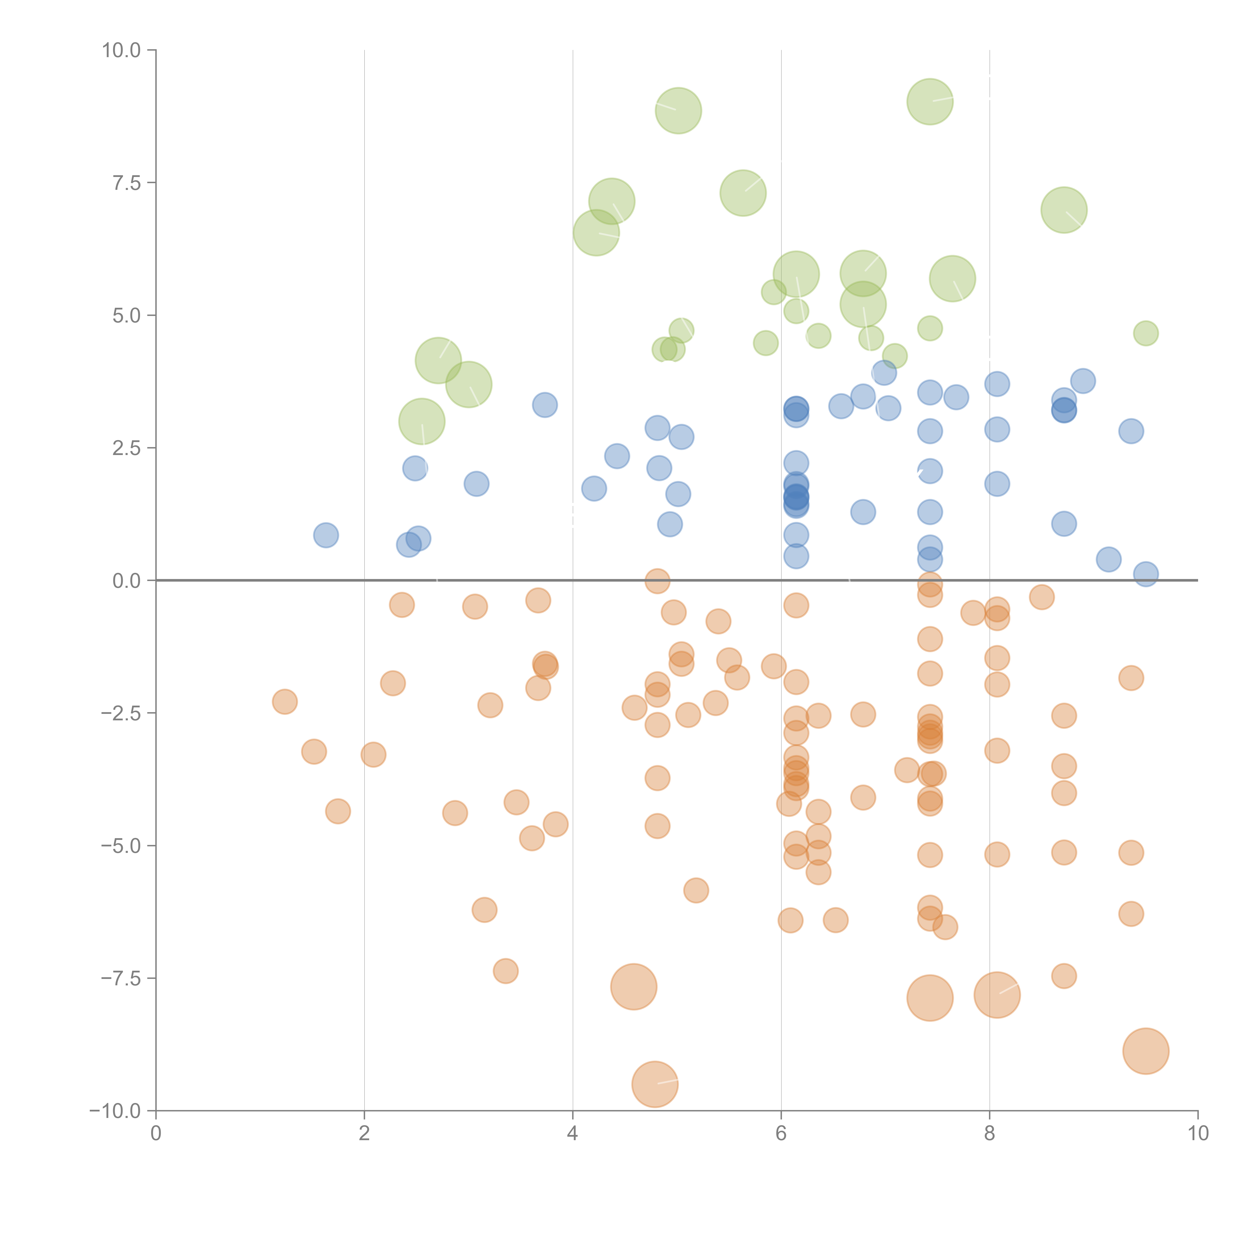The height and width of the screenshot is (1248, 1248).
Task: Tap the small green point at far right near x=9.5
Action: [1145, 333]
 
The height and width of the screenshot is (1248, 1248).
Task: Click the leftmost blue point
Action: [326, 535]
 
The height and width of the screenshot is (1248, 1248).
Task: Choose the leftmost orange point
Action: [285, 702]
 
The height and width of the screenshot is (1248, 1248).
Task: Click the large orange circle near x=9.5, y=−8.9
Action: [1145, 1051]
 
